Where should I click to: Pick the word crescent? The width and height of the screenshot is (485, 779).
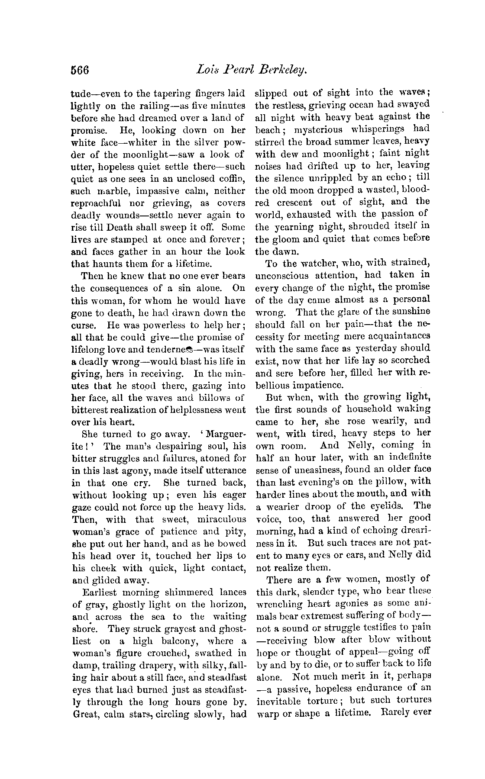(x=293, y=202)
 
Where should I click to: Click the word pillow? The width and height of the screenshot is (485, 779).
(x=387, y=481)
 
